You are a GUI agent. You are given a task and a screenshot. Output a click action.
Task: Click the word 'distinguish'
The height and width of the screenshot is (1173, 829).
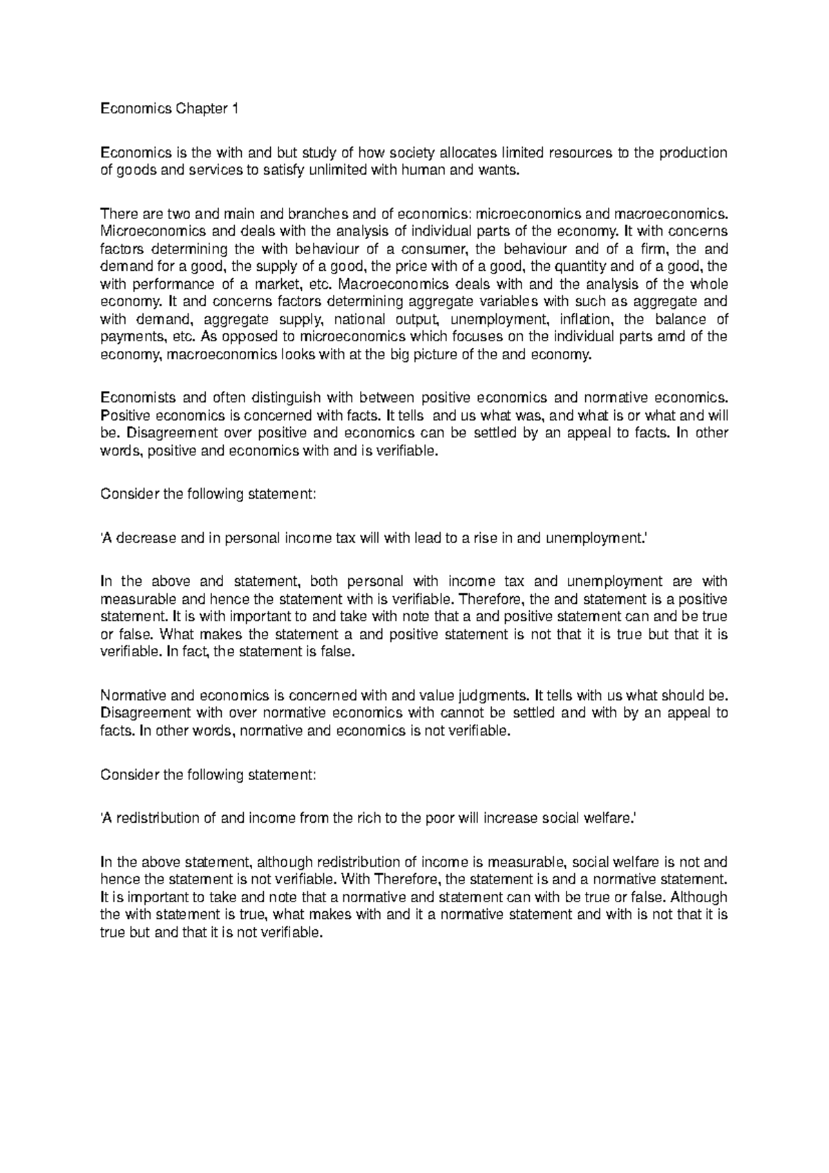click(285, 398)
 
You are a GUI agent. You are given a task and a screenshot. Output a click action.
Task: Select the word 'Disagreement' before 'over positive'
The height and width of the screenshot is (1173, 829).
click(172, 434)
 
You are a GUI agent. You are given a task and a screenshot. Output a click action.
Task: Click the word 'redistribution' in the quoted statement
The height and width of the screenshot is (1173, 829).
click(157, 819)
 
